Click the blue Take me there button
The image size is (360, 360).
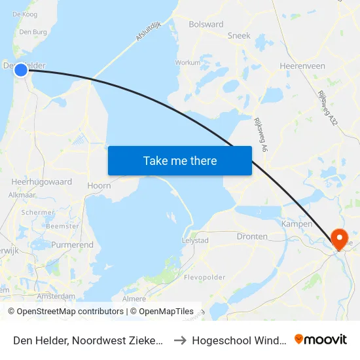click(179, 160)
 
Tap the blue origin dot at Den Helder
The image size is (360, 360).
click(21, 70)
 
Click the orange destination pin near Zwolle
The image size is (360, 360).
click(340, 238)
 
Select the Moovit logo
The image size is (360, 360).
click(321, 340)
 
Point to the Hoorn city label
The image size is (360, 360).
click(99, 185)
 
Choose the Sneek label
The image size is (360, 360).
click(238, 35)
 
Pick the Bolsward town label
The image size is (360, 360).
click(206, 24)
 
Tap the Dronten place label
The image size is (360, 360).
click(252, 236)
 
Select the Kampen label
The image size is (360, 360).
click(296, 224)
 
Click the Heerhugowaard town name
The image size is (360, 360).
click(41, 181)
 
